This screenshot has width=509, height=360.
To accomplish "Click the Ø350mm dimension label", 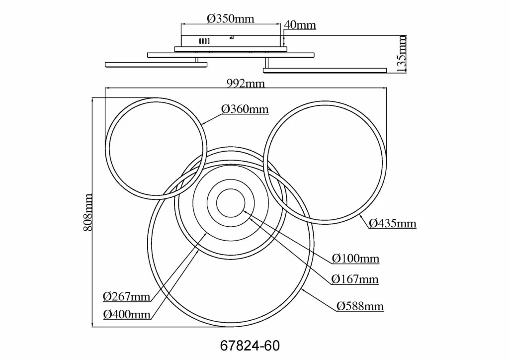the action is click(231, 19).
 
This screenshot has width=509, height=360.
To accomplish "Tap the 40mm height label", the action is click(300, 25).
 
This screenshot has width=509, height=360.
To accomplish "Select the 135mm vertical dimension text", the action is click(402, 54).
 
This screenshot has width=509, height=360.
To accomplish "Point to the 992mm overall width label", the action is click(246, 84).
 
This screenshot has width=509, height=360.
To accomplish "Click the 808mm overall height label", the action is click(88, 213).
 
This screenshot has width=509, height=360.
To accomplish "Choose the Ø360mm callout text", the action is click(245, 109).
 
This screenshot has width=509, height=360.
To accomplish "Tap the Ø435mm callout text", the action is click(393, 223).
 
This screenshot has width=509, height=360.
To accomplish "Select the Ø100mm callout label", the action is click(355, 259).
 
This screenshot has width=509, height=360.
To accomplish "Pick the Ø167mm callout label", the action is click(355, 279).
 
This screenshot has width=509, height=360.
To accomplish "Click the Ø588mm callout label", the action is click(360, 306).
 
